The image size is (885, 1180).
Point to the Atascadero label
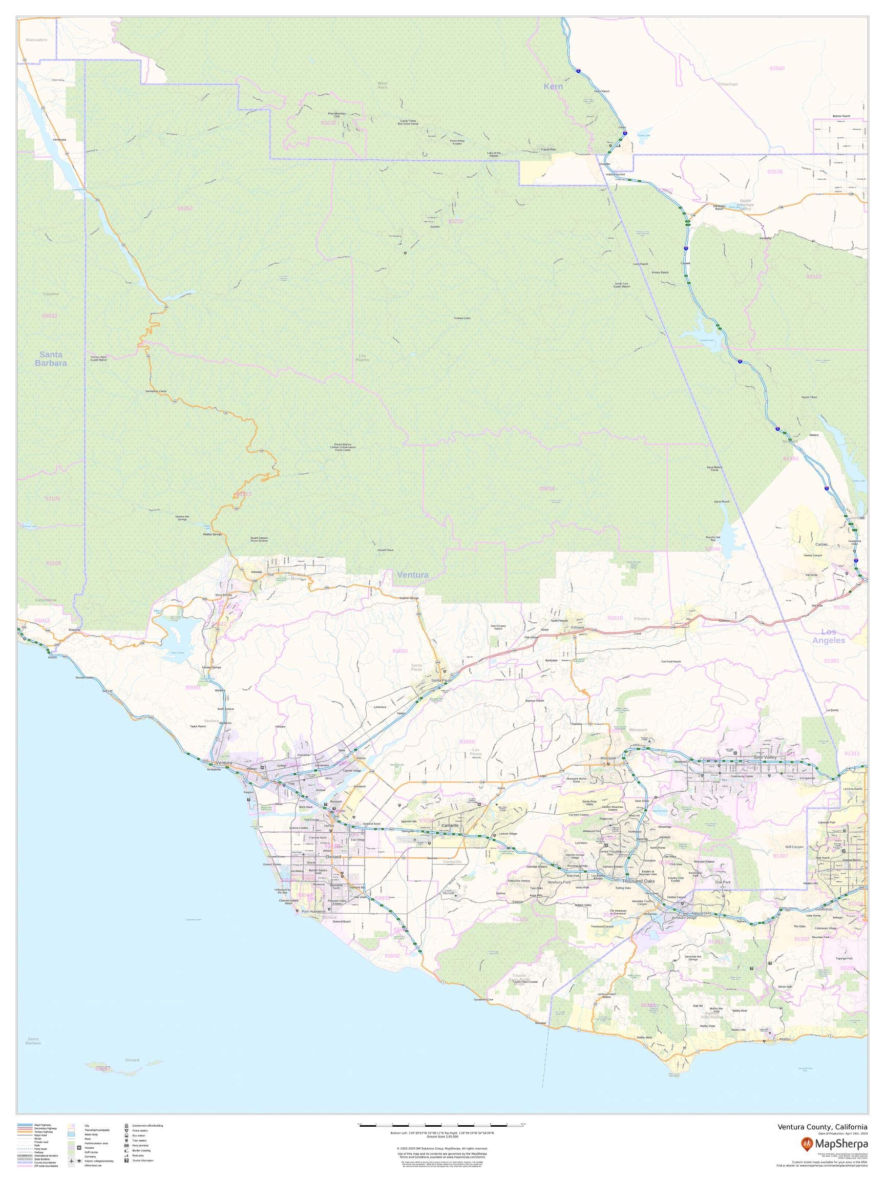coord(36,40)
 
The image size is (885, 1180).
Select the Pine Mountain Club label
coord(336,115)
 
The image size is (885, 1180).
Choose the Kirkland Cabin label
coord(462,319)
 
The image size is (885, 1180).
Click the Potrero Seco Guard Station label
coord(98,359)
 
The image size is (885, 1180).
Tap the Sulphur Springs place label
coord(409,598)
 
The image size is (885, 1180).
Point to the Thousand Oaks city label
coord(638,881)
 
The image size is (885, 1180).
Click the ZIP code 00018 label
coord(547,489)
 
